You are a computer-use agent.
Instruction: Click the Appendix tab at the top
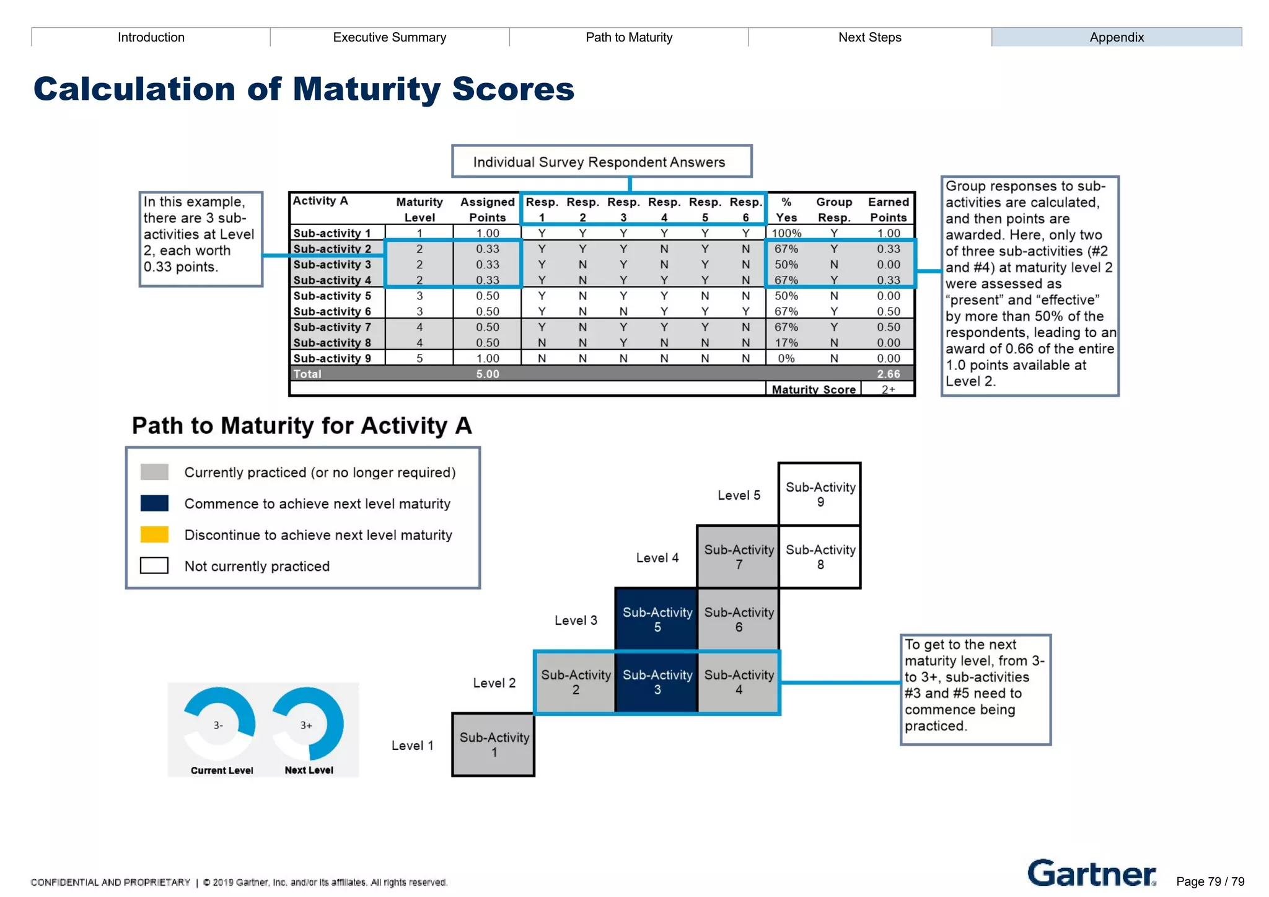click(1116, 37)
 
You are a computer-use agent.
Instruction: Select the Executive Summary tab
click(389, 37)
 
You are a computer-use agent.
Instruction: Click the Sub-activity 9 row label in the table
click(332, 358)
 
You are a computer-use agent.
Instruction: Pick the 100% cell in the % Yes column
click(786, 233)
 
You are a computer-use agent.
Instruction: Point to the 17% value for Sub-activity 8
click(786, 342)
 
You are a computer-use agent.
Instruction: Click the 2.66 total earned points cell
click(888, 374)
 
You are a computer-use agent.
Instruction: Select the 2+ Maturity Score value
click(888, 389)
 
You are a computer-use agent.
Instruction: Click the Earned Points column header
click(888, 210)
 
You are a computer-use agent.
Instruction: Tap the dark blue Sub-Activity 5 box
click(657, 619)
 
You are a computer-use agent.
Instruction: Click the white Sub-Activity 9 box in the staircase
click(820, 494)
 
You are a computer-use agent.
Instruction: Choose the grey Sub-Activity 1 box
click(494, 745)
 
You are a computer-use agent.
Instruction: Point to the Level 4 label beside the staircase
click(657, 558)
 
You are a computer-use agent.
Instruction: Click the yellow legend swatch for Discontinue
click(154, 534)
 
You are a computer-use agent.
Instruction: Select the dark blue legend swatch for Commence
click(154, 503)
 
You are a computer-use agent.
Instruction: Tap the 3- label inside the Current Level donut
click(218, 725)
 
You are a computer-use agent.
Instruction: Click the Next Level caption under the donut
click(309, 770)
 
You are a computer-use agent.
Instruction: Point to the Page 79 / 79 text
click(1210, 882)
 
